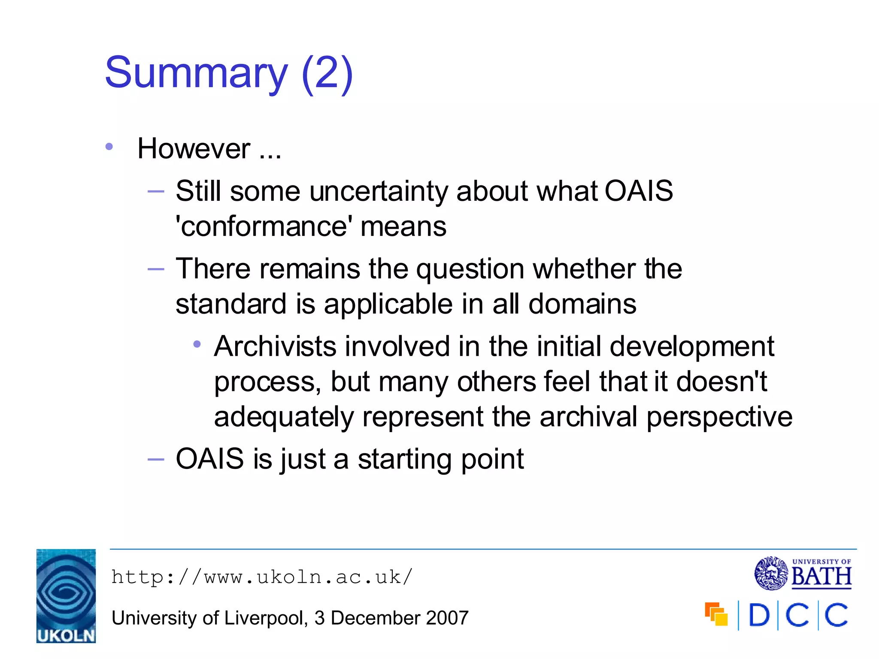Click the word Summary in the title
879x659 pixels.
[196, 73]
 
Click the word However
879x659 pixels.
[194, 149]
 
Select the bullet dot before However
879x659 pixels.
[109, 147]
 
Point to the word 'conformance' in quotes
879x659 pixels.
[264, 227]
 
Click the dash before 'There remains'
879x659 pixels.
[155, 269]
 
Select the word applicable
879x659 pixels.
[388, 304]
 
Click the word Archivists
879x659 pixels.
[275, 346]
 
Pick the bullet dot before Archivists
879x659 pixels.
[197, 344]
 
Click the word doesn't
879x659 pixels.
[721, 381]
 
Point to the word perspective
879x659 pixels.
[719, 417]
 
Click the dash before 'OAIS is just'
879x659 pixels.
[155, 459]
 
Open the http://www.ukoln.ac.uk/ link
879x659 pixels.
[262, 577]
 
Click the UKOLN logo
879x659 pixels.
[66, 596]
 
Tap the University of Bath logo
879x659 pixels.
[803, 573]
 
